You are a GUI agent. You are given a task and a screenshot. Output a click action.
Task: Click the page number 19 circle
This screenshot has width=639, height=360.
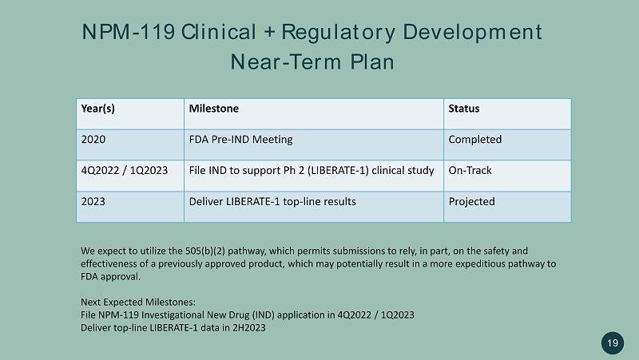(613, 343)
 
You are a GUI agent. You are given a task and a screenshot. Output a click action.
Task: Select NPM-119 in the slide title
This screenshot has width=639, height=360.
(129, 32)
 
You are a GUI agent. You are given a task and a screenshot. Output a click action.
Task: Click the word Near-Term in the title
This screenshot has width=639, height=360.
(286, 62)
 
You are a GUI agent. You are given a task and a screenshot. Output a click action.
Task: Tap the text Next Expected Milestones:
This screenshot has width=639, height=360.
(138, 303)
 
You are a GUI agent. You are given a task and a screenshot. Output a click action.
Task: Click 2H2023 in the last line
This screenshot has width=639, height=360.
(249, 328)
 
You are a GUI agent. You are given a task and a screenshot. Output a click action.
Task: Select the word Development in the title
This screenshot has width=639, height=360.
(472, 33)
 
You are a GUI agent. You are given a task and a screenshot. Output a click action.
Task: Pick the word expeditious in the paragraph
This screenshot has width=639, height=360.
(478, 264)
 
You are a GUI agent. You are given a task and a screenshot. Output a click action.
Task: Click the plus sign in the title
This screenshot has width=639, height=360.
(269, 33)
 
